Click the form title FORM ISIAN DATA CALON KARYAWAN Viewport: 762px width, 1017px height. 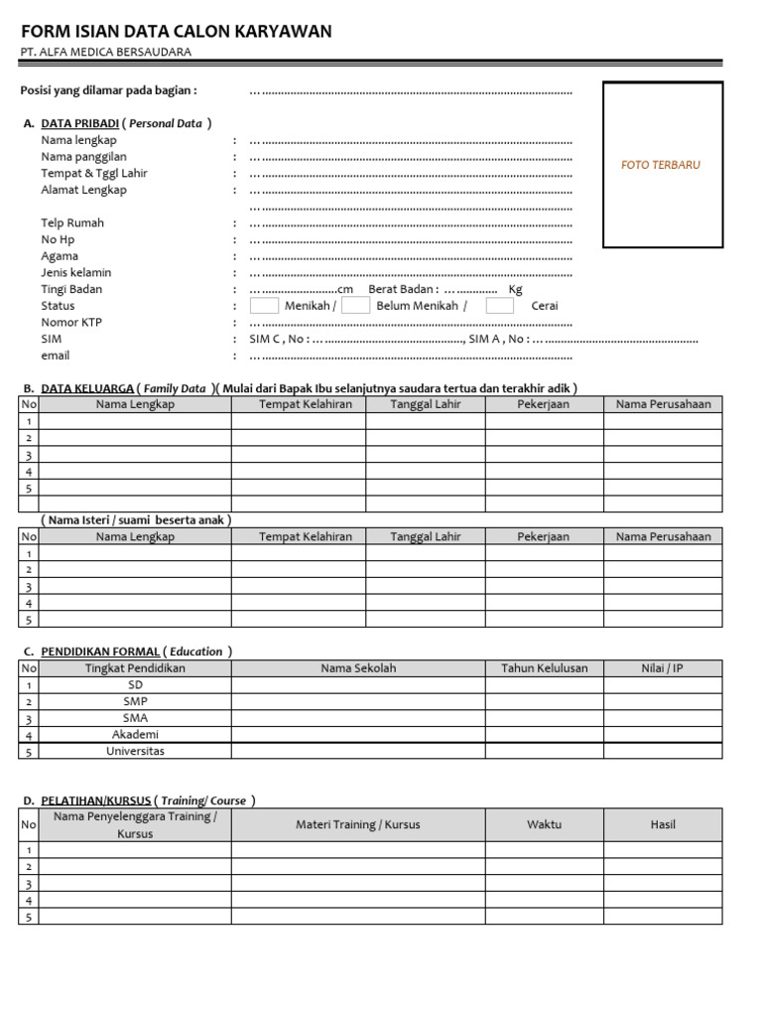coord(176,32)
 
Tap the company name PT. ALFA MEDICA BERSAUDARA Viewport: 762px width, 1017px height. coord(106,53)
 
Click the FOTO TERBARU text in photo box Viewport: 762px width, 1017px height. coord(660,165)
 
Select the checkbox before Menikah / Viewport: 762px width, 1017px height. coord(264,306)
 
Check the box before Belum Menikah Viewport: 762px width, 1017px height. coord(355,306)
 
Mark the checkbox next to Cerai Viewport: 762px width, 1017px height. coord(499,306)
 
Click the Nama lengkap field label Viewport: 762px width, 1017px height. coord(78,140)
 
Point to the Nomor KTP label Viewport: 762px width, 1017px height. coord(71,322)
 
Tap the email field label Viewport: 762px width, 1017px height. coord(56,356)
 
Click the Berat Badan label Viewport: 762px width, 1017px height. coord(403,289)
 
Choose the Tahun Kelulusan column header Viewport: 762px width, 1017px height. coord(544,668)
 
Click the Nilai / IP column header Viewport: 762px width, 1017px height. coord(662,668)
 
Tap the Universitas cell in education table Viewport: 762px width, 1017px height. coord(135,751)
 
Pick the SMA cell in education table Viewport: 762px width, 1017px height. coord(135,718)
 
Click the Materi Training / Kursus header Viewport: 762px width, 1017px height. coord(357,824)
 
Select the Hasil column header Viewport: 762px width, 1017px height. coord(662,824)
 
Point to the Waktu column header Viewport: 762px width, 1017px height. coord(544,824)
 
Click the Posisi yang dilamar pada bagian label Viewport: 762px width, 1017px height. coord(109,90)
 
